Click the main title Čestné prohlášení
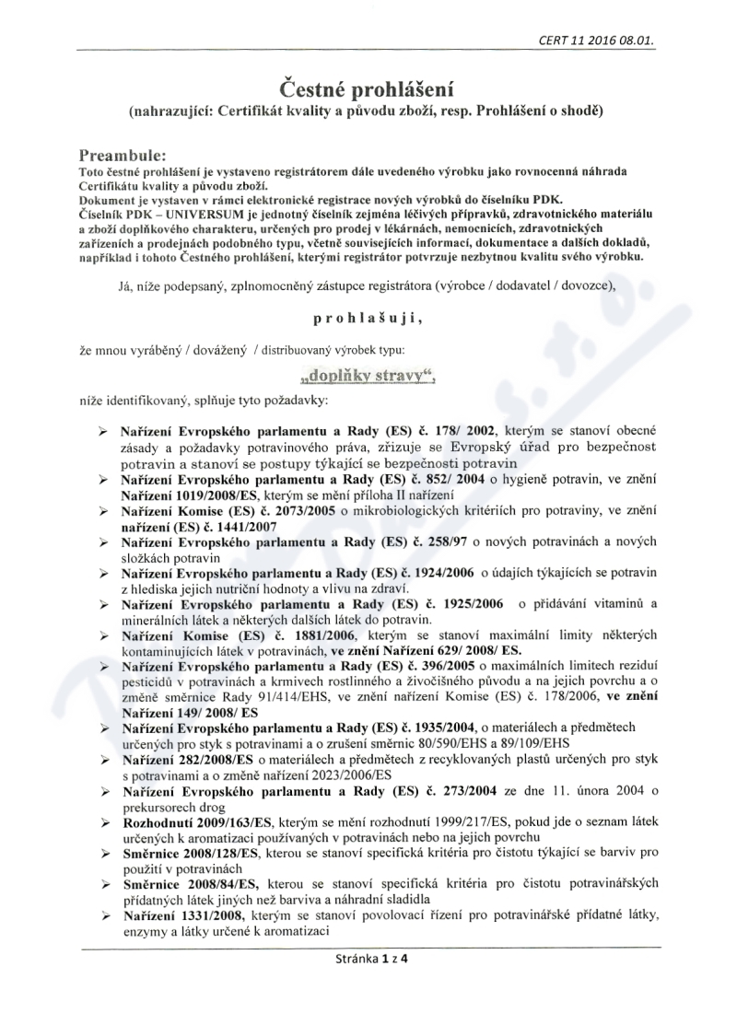[x=368, y=89]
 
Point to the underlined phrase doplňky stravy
[x=368, y=376]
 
